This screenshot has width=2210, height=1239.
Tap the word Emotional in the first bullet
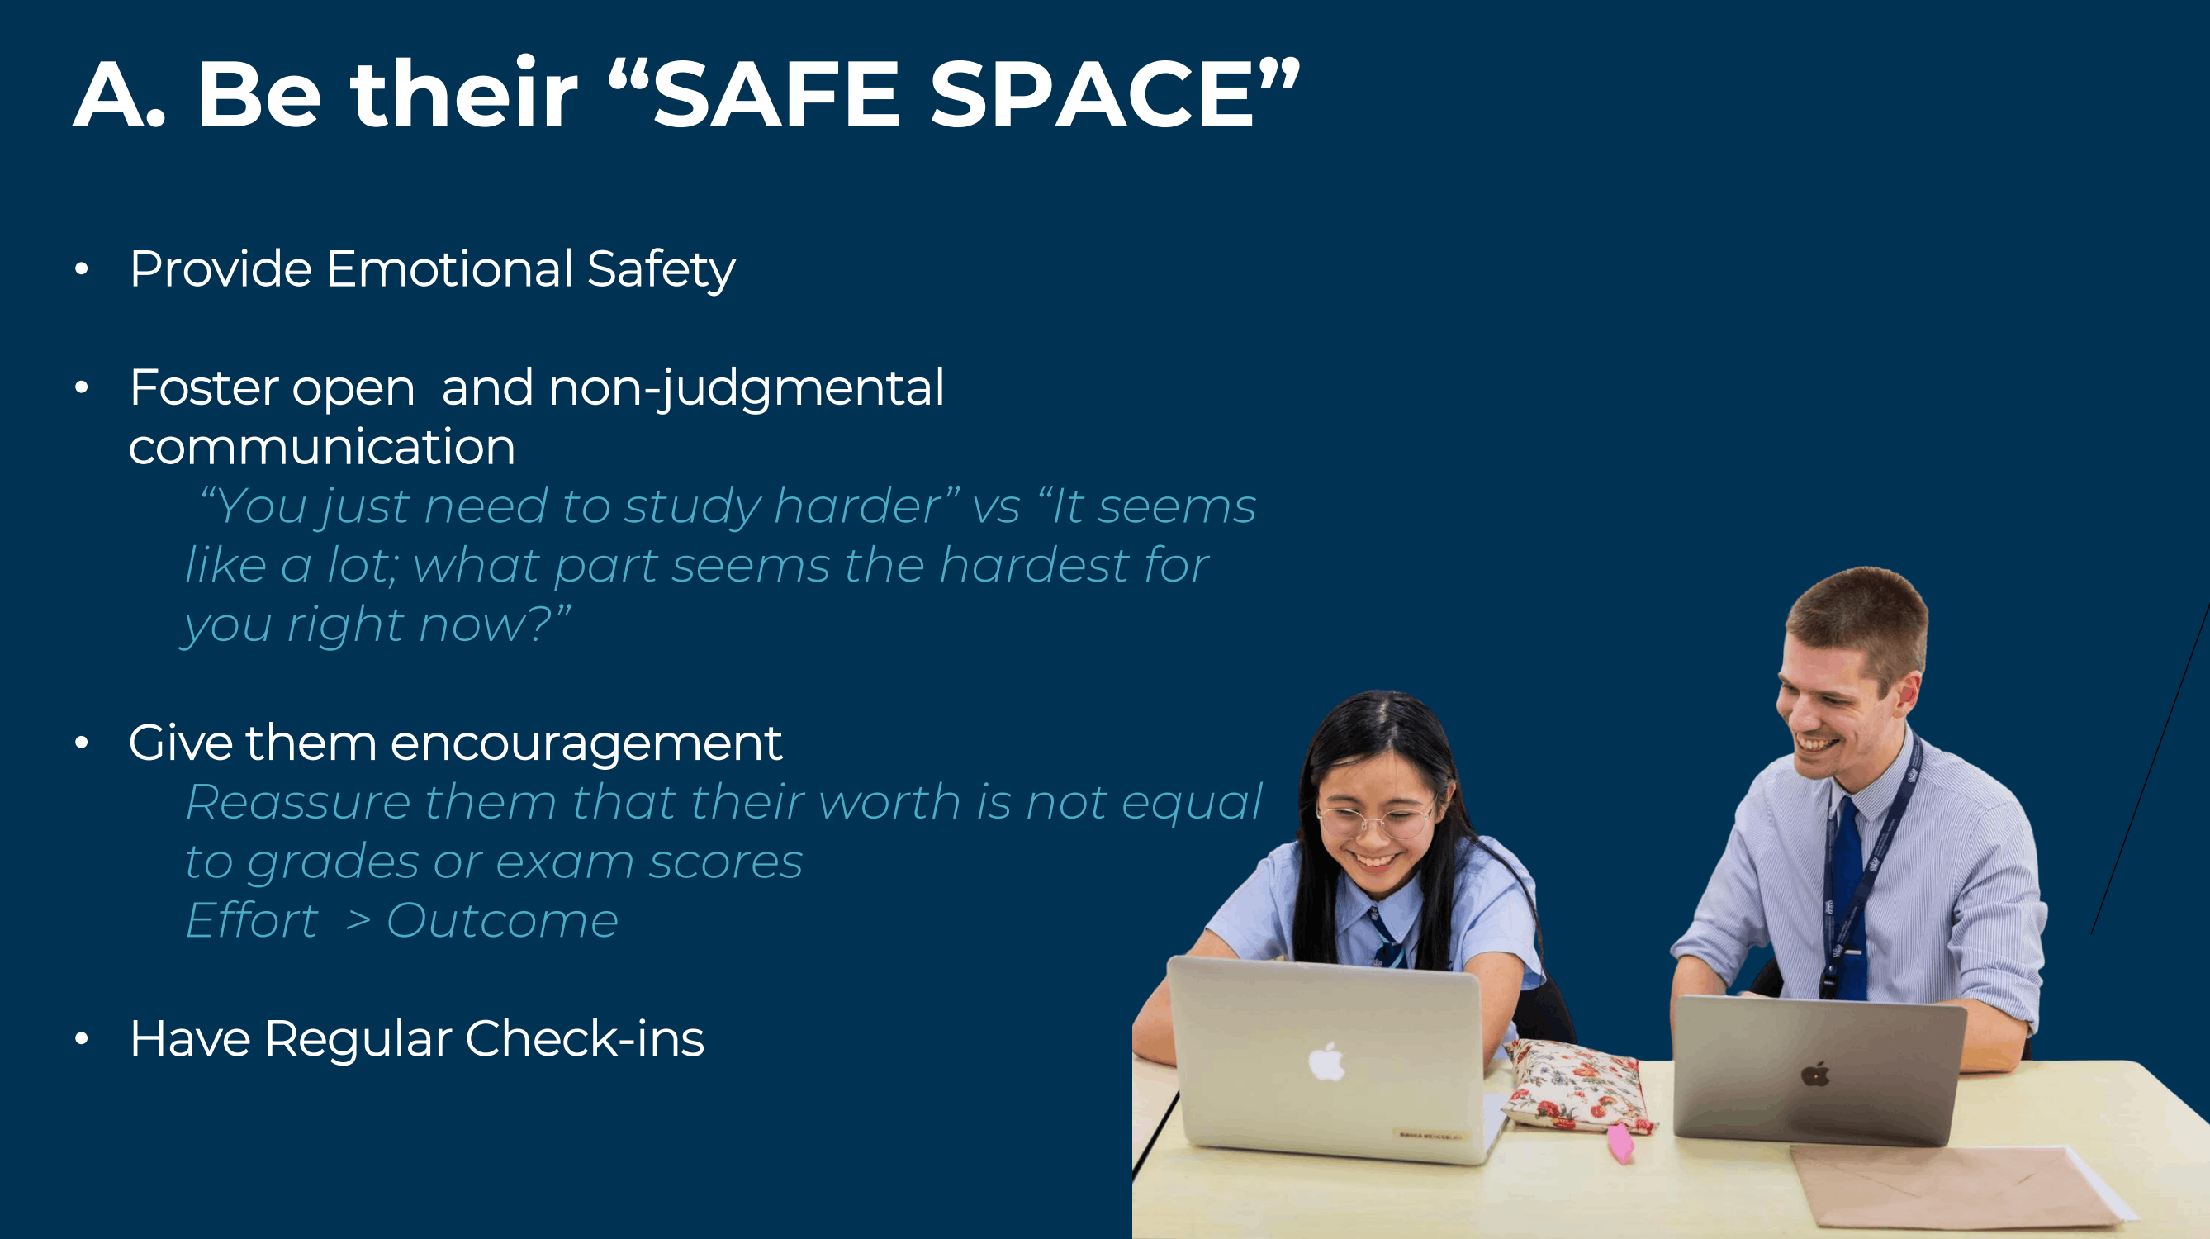(x=449, y=269)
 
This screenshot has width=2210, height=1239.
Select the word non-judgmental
(x=747, y=389)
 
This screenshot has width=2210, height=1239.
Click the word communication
(x=322, y=448)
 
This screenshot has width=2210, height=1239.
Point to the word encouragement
(x=586, y=743)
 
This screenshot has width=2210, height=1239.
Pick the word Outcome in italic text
(x=502, y=922)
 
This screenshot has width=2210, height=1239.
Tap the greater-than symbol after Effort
(x=358, y=922)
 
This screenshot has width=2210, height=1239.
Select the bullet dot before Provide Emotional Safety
(x=82, y=269)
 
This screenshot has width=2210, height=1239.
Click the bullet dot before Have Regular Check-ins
(x=82, y=1039)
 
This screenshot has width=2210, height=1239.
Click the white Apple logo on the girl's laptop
(x=1326, y=1062)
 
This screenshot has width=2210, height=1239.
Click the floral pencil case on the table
(x=1578, y=1085)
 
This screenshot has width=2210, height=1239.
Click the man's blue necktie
(x=1847, y=892)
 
